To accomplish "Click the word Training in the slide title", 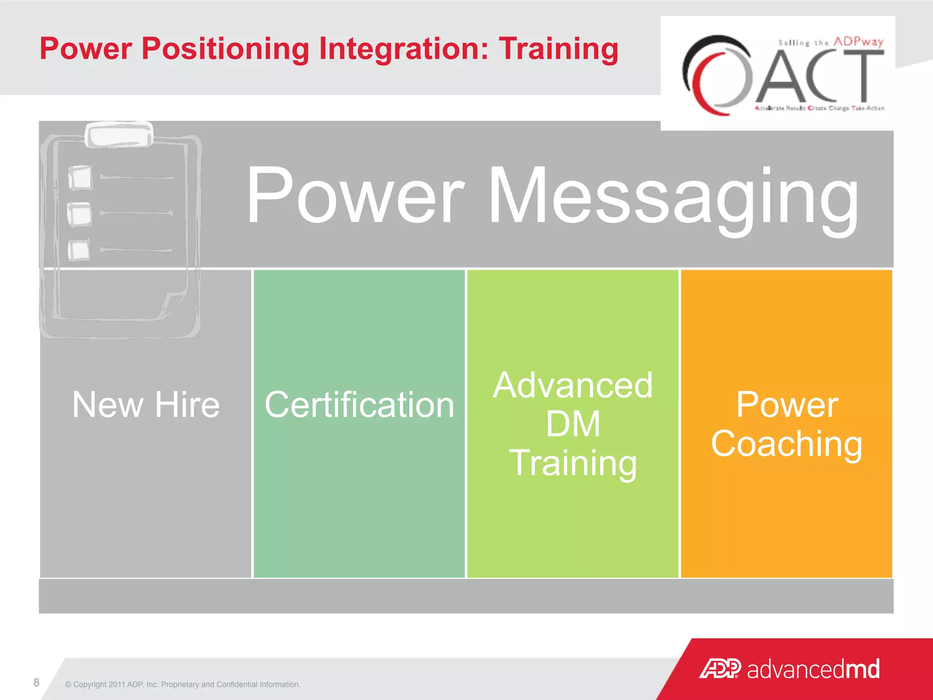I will [x=559, y=49].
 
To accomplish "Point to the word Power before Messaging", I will [x=355, y=196].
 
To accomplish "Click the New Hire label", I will [x=146, y=405].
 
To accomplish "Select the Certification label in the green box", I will [x=359, y=405].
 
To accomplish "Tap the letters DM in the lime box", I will [x=573, y=424].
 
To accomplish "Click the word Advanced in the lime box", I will [x=573, y=386].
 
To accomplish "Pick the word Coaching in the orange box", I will [x=786, y=444].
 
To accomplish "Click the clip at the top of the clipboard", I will [x=119, y=135].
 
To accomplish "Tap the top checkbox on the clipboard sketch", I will [x=80, y=177].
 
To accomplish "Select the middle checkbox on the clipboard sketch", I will [x=80, y=214].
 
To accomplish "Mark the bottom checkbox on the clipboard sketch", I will [x=79, y=250].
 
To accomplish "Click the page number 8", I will [x=36, y=682].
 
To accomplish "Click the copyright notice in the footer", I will [x=183, y=685].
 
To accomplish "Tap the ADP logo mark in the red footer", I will [x=720, y=669].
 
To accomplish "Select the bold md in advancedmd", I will [x=862, y=669].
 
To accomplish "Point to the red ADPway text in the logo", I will [x=858, y=41].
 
